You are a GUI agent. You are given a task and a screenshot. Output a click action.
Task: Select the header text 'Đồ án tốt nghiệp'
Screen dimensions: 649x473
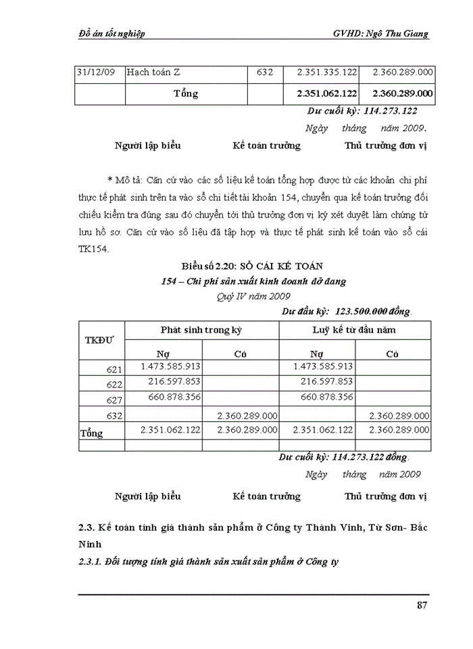111,34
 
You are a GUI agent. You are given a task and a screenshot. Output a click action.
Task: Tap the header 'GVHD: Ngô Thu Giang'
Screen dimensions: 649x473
381,34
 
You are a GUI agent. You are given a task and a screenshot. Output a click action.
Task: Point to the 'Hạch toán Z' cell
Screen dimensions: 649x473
153,72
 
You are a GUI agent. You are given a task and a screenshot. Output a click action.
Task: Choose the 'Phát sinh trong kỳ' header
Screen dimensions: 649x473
201,330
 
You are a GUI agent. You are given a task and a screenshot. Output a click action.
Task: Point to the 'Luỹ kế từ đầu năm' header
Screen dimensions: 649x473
354,330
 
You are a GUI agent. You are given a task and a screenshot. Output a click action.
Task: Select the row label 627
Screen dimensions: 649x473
114,399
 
